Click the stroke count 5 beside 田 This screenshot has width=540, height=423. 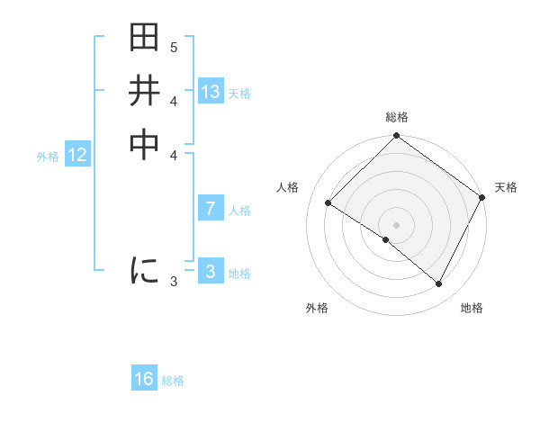pos(174,47)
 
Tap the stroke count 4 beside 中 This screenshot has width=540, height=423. pos(174,155)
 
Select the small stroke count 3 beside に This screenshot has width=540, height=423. pos(174,282)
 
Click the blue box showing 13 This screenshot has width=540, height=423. pos(211,92)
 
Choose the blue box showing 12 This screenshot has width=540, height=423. pos(77,155)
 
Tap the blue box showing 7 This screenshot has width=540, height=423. pos(211,209)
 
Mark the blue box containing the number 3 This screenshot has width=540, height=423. pos(211,272)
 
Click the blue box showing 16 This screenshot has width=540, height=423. pos(144,379)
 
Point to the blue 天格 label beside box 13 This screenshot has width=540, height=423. pos(239,94)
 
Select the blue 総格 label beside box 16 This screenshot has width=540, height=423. pos(173,381)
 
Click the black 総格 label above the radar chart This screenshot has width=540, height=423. pos(397,117)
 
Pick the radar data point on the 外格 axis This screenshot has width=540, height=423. pos(386,240)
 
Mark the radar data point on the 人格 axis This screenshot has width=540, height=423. pos(328,203)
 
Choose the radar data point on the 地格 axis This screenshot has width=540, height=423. pos(439,284)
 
